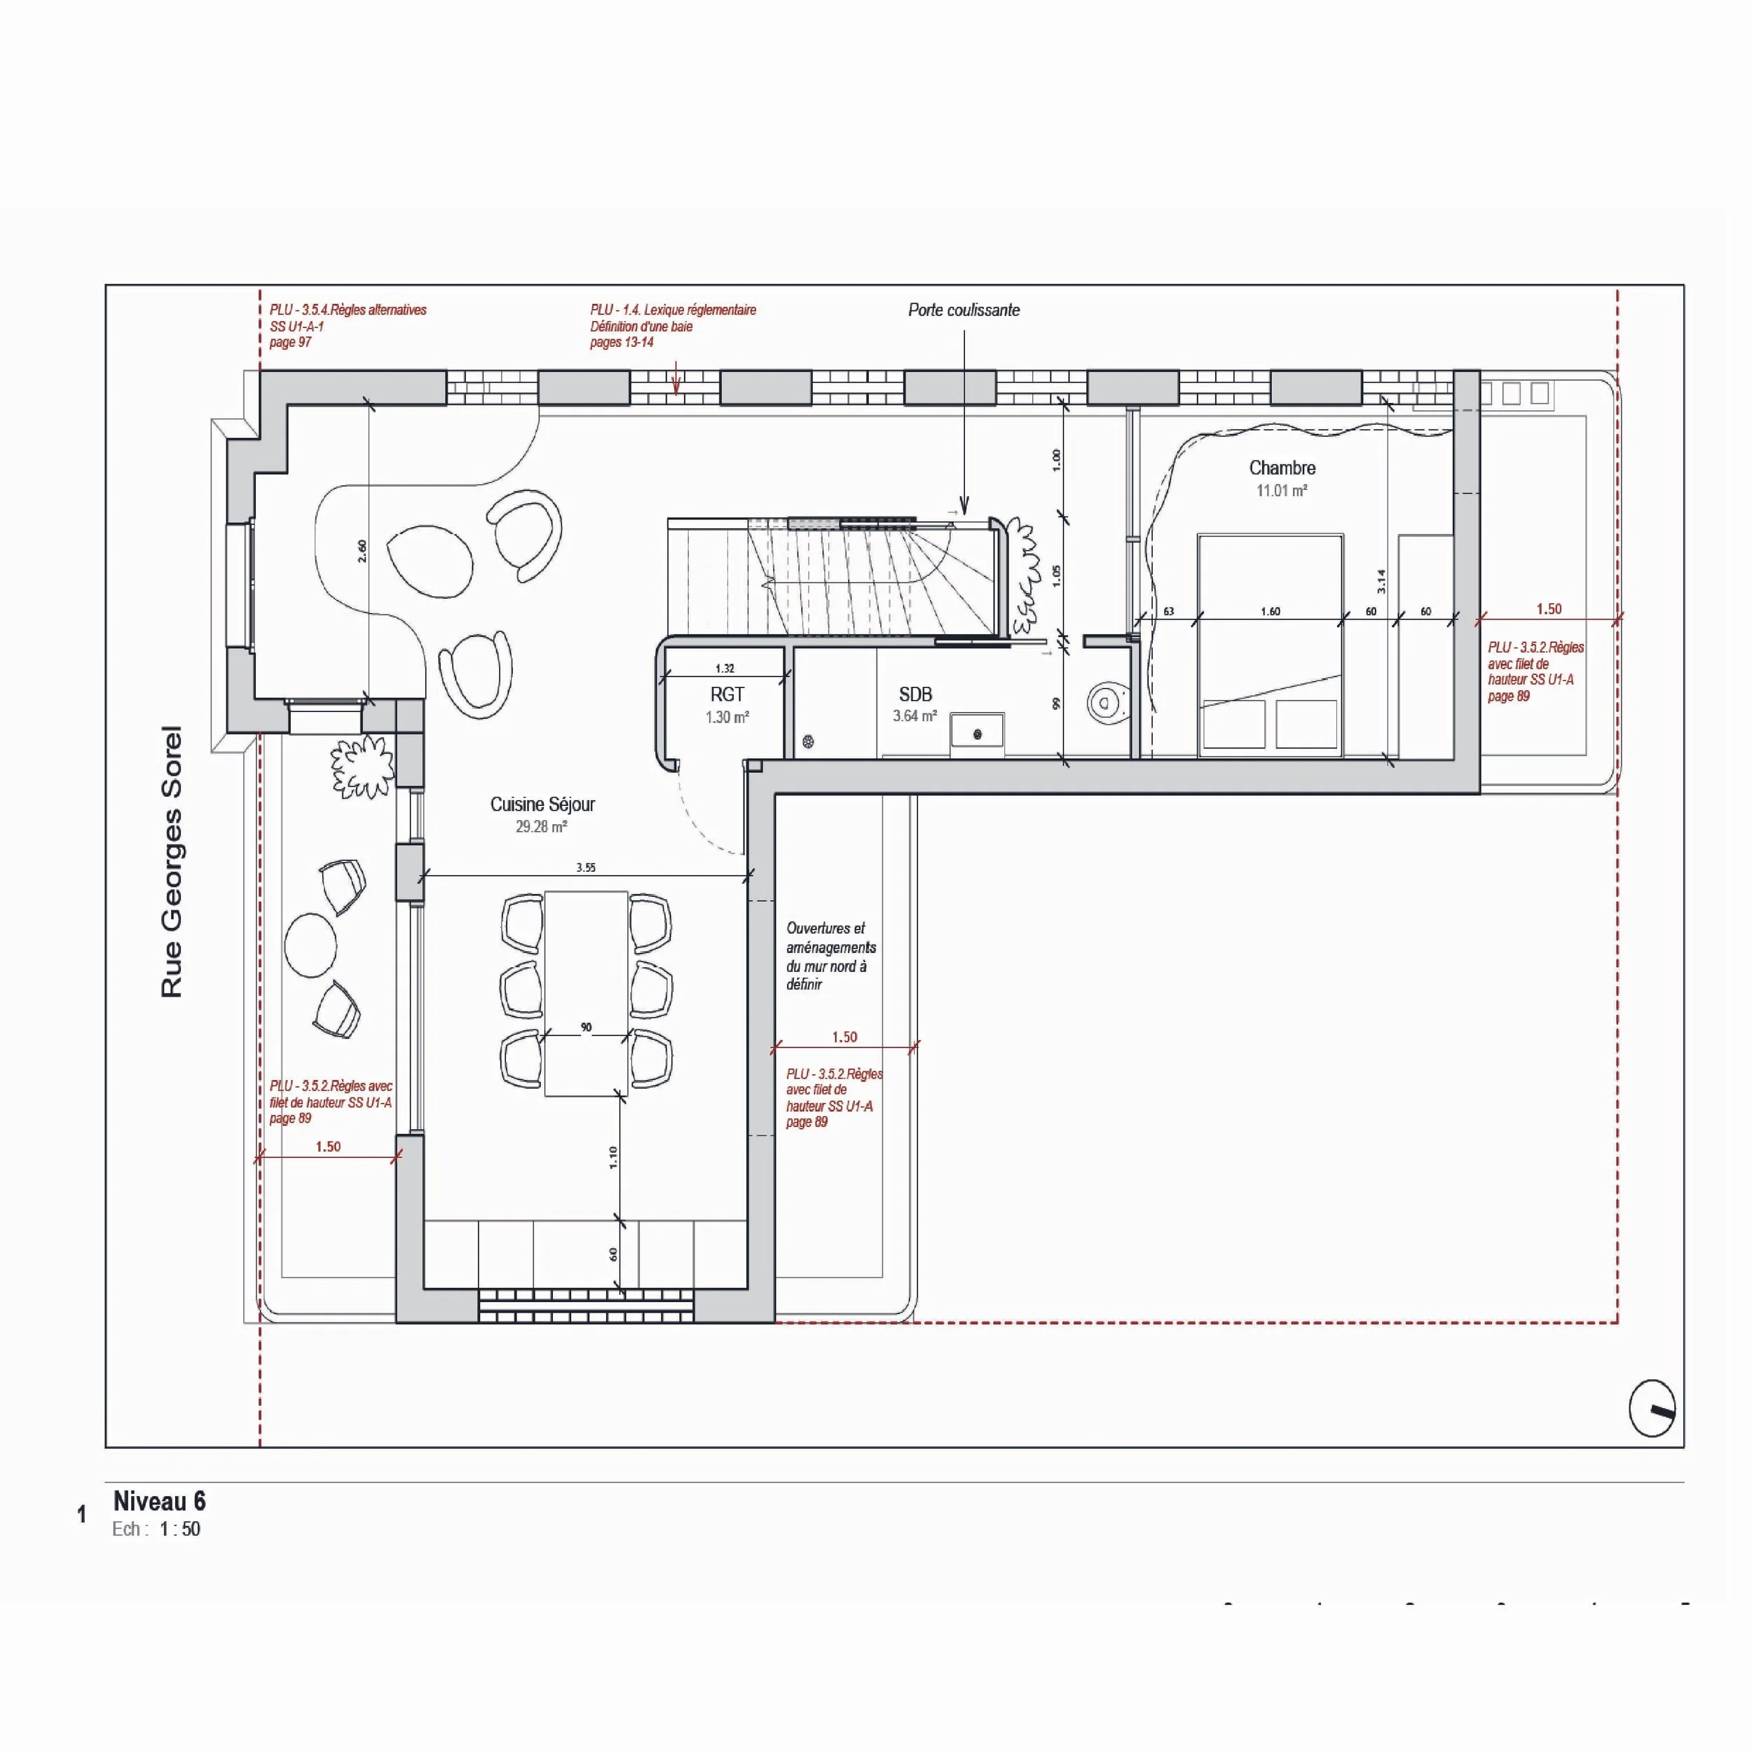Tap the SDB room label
(x=915, y=694)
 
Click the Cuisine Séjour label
(x=542, y=805)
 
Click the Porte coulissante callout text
(x=964, y=310)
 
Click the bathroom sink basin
(x=977, y=732)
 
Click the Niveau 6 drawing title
(x=160, y=1501)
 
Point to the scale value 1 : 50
(x=179, y=1529)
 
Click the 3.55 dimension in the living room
(x=586, y=868)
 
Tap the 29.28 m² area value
(x=542, y=827)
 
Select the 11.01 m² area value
(x=1281, y=491)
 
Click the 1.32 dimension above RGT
(x=725, y=669)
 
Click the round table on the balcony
(x=310, y=945)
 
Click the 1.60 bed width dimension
(x=1271, y=612)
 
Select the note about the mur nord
(x=830, y=956)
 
